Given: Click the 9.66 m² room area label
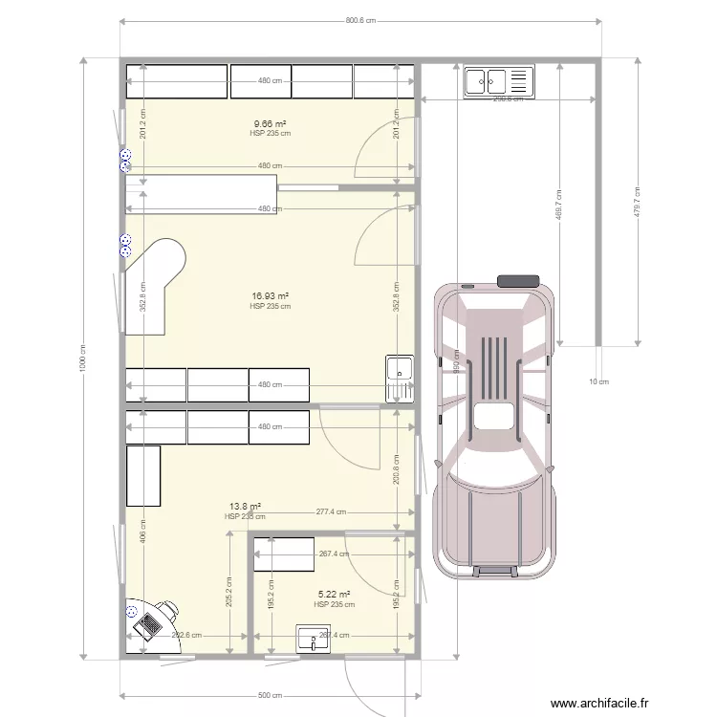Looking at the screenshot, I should pyautogui.click(x=270, y=124).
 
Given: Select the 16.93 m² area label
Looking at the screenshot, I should pyautogui.click(x=270, y=297).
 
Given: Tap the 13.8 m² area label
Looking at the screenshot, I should pyautogui.click(x=245, y=507).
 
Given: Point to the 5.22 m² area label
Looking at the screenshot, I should pyautogui.click(x=335, y=595).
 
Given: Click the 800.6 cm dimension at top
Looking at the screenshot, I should pyautogui.click(x=360, y=21).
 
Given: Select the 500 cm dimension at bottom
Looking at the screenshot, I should pyautogui.click(x=270, y=696).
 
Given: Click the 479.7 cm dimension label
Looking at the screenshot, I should pyautogui.click(x=638, y=202).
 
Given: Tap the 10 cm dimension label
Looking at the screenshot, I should pyautogui.click(x=597, y=381).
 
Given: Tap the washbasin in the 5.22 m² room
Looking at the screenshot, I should pyautogui.click(x=312, y=639).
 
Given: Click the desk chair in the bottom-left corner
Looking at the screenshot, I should pyautogui.click(x=168, y=610).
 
